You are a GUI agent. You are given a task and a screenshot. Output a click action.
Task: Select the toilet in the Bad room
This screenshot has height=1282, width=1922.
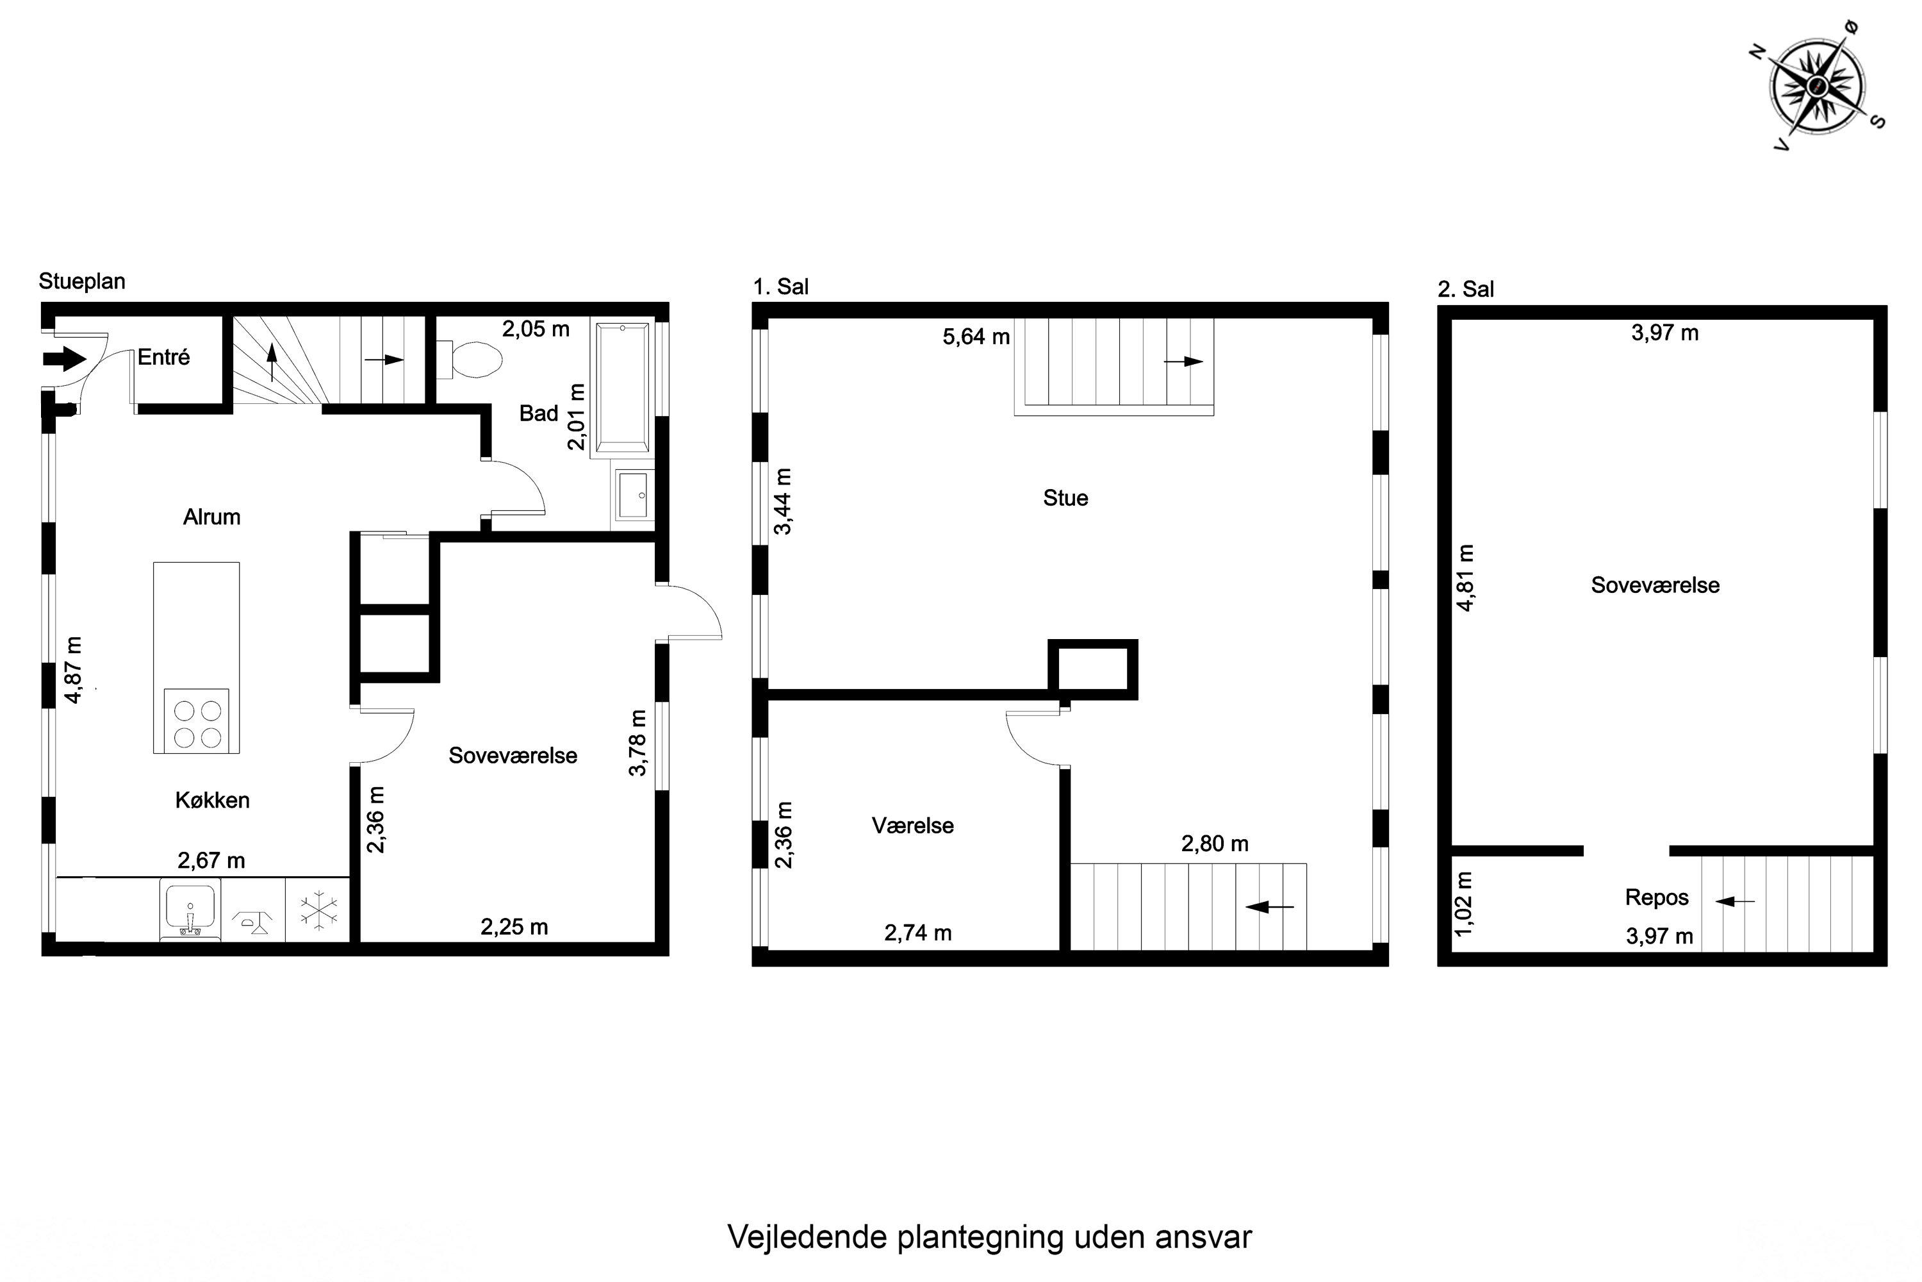[x=474, y=359]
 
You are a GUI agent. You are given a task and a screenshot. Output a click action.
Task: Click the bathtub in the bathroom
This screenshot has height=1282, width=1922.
[x=623, y=387]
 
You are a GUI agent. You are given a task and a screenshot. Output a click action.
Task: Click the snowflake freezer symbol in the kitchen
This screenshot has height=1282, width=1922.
[x=318, y=911]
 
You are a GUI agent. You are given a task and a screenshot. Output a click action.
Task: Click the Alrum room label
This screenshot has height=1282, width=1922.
[x=211, y=517]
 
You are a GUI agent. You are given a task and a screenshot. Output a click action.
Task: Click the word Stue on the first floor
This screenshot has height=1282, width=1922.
[x=1065, y=498]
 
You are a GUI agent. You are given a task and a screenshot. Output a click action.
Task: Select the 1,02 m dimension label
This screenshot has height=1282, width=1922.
[x=1465, y=903]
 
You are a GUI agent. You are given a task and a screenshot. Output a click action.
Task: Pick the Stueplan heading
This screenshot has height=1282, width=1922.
[x=82, y=281]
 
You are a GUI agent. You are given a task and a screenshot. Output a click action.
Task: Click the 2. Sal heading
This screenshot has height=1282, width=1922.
[x=1465, y=288]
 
